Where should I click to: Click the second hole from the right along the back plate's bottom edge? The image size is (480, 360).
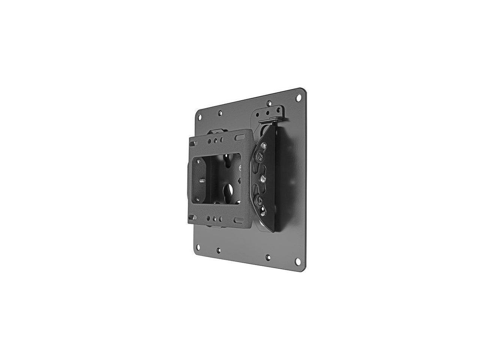point(268,258)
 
